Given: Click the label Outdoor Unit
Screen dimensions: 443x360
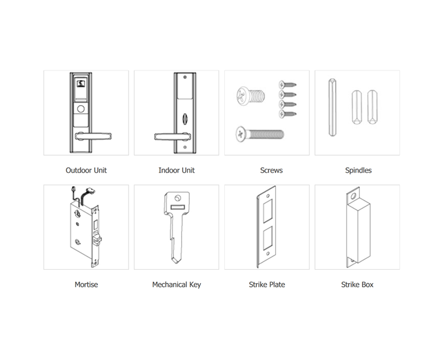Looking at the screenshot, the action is (x=86, y=170).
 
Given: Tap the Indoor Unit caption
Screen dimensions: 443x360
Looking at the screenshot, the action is (x=177, y=170).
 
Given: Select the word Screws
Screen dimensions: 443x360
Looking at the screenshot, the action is (x=271, y=170).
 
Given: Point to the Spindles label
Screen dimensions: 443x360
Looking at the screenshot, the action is (x=358, y=170).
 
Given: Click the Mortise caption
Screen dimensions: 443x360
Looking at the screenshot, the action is (x=86, y=284).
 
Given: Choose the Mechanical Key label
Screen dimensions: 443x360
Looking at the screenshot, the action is (x=177, y=285).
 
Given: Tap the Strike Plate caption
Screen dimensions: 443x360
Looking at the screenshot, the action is (x=267, y=284).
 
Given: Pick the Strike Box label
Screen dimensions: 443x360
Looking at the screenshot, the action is (x=357, y=284).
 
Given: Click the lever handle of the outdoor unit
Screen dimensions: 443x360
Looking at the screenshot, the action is (x=93, y=136).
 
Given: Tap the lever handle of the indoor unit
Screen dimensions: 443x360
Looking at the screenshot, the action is (x=172, y=136).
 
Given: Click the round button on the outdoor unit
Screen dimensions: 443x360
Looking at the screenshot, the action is (x=81, y=109).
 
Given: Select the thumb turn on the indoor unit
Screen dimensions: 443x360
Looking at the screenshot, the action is (x=185, y=118).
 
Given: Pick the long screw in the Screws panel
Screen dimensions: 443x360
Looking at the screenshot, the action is (x=260, y=134).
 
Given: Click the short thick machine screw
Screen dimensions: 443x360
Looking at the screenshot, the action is (x=251, y=96).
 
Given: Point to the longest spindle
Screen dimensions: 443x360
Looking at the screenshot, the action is (x=332, y=107).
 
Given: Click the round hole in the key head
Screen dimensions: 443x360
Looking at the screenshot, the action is (x=177, y=198).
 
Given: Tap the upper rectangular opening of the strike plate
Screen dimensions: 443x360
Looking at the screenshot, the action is (x=267, y=211).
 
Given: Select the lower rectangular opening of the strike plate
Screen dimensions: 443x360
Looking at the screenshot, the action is (x=267, y=238).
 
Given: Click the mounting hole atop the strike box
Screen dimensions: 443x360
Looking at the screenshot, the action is (x=353, y=196).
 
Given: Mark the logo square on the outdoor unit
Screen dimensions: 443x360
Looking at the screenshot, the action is (x=81, y=84).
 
